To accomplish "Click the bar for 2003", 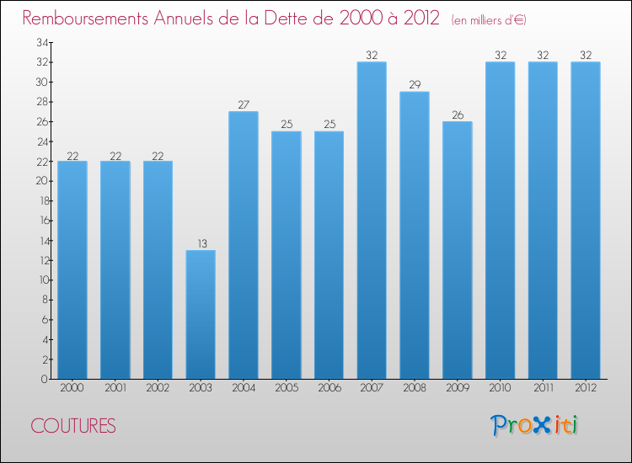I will point(201,315).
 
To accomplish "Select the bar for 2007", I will point(372,221).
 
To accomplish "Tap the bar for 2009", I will point(458,250).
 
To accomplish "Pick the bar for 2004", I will point(244,245).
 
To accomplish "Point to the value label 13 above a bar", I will point(201,244).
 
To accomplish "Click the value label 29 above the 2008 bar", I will point(415,86).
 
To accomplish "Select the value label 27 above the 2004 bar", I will point(244,105).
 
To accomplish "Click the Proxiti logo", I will point(535,425).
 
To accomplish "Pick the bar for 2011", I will point(543,221).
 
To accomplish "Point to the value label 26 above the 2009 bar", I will point(458,115).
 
